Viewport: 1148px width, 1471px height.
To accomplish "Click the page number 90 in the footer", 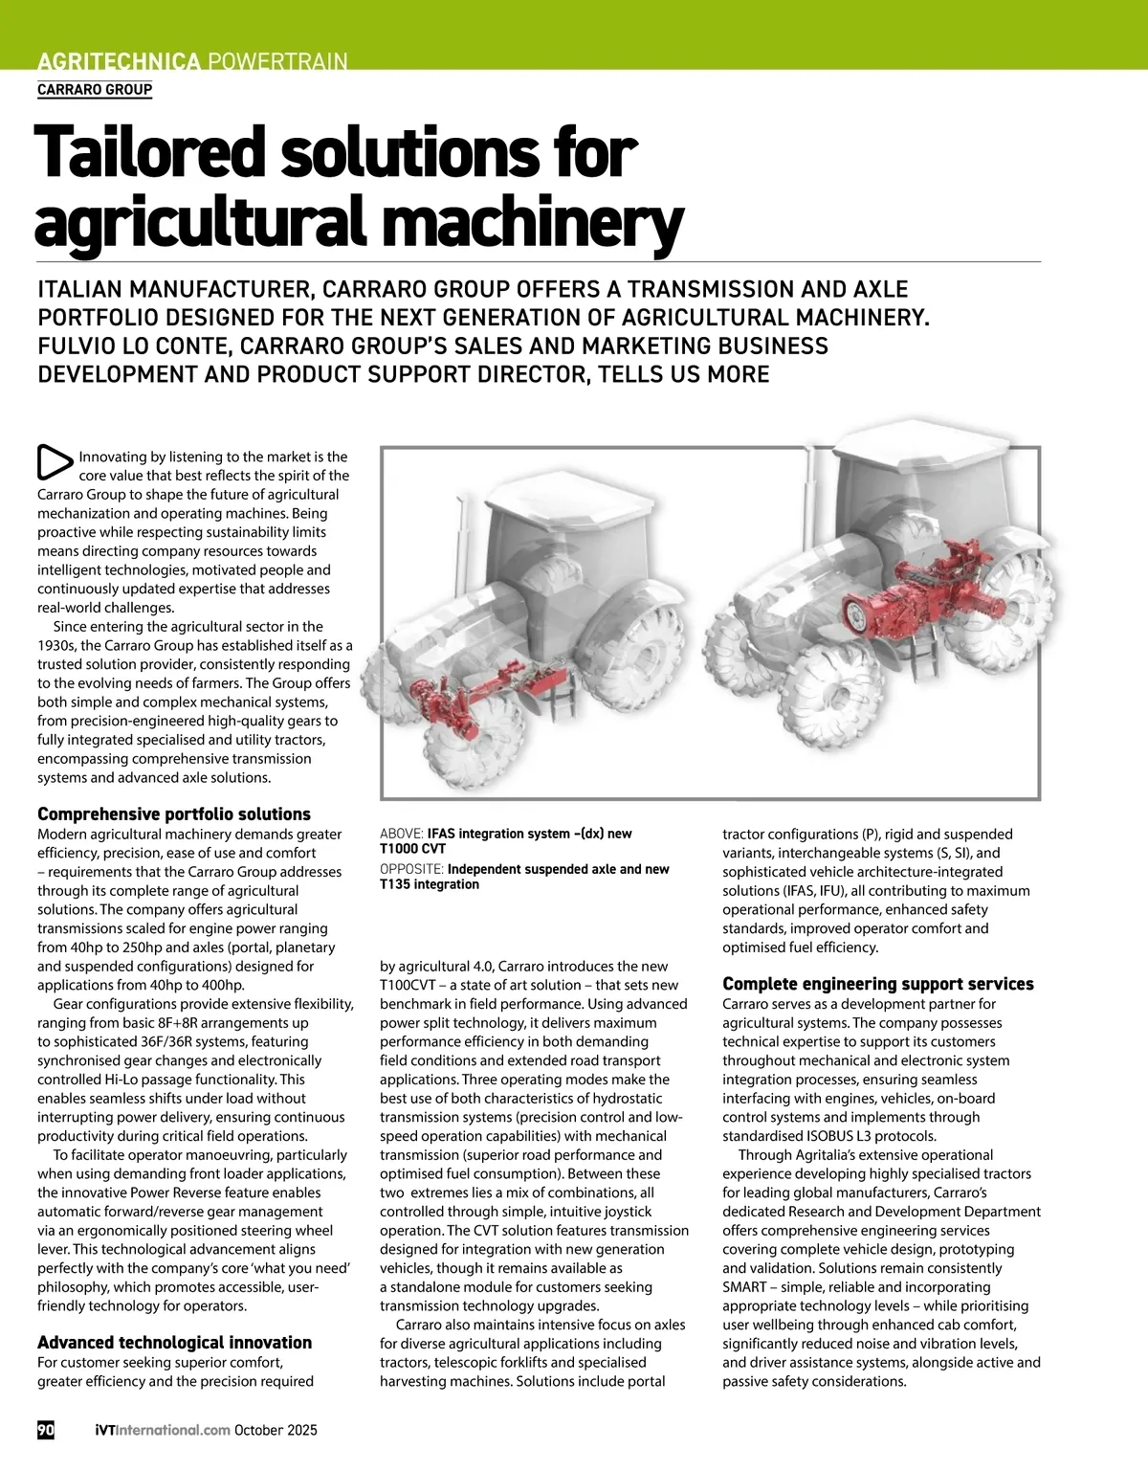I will pyautogui.click(x=46, y=1430).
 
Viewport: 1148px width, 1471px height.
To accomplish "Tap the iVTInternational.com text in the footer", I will pyautogui.click(x=163, y=1430).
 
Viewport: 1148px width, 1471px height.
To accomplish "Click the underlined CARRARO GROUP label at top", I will pyautogui.click(x=95, y=90).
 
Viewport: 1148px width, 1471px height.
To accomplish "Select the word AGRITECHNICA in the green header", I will pyautogui.click(x=119, y=62).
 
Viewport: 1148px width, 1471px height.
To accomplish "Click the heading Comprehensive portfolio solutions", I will pyautogui.click(x=174, y=814).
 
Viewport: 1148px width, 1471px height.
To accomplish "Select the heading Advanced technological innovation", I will pyautogui.click(x=174, y=1343).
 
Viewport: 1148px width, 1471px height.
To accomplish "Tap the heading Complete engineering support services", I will pyautogui.click(x=877, y=984).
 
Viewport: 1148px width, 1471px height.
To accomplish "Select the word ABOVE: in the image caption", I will pyautogui.click(x=402, y=834).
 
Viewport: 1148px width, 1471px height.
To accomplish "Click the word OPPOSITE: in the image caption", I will pyautogui.click(x=411, y=869).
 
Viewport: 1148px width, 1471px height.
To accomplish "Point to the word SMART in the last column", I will pyautogui.click(x=744, y=1287).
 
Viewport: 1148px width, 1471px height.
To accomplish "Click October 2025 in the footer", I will pyautogui.click(x=276, y=1430).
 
